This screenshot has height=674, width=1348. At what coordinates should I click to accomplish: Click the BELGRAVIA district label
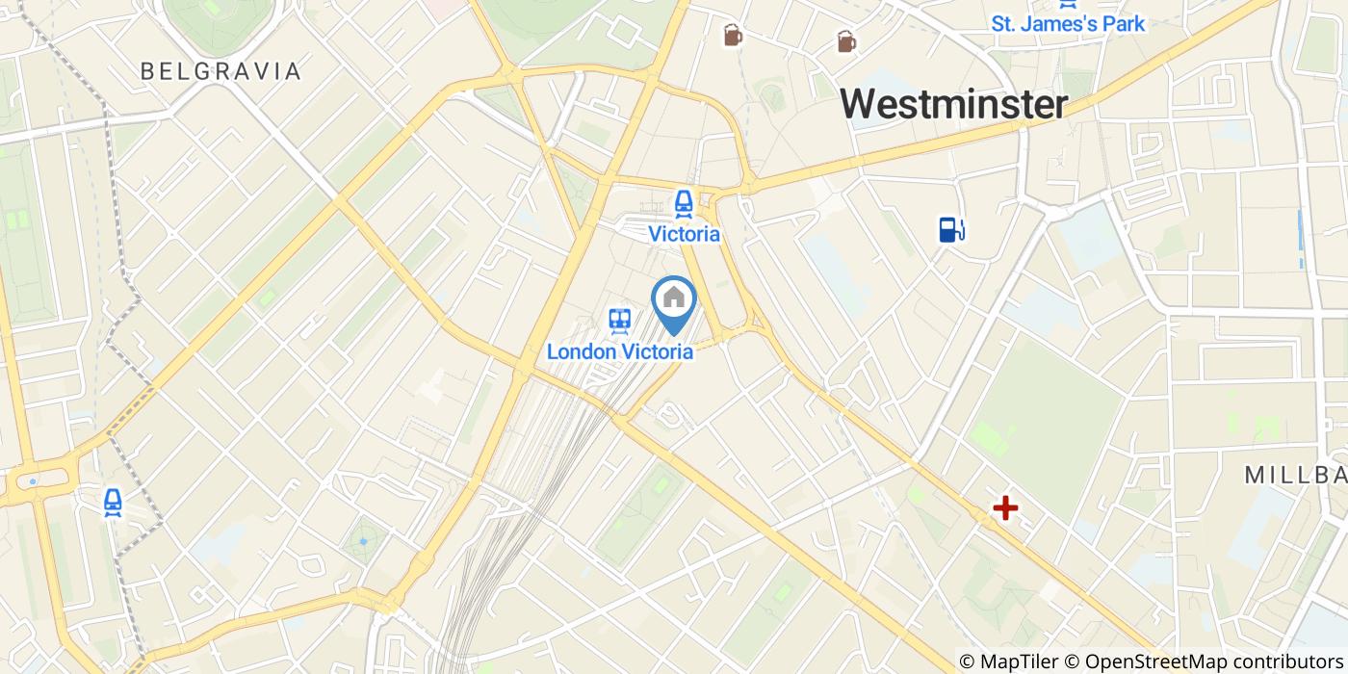coord(220,71)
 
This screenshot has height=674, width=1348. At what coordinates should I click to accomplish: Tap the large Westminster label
coord(954,104)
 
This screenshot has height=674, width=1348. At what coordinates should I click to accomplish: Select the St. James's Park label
coord(1068,23)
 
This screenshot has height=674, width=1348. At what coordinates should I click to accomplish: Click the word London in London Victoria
coord(581,351)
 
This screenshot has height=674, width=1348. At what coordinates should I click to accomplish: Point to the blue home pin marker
coord(674,300)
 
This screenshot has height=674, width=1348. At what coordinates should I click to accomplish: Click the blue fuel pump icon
coord(952,229)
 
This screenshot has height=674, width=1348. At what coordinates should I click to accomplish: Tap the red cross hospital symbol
coord(1005,507)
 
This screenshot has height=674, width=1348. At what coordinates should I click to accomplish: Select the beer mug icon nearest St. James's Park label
coord(845,41)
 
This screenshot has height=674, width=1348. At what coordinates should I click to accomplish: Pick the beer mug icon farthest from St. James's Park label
coord(733,36)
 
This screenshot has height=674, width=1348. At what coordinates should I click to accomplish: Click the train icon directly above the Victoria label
coord(684,202)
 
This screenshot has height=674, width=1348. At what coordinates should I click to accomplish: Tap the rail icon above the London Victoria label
coord(619,321)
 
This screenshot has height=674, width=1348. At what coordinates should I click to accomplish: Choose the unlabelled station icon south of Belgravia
coord(114,502)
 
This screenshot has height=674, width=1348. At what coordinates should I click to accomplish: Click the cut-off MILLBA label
coord(1295,475)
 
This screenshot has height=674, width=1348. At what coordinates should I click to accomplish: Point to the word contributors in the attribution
coord(1278,661)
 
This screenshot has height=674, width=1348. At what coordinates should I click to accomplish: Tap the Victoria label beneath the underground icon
coord(684,234)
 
